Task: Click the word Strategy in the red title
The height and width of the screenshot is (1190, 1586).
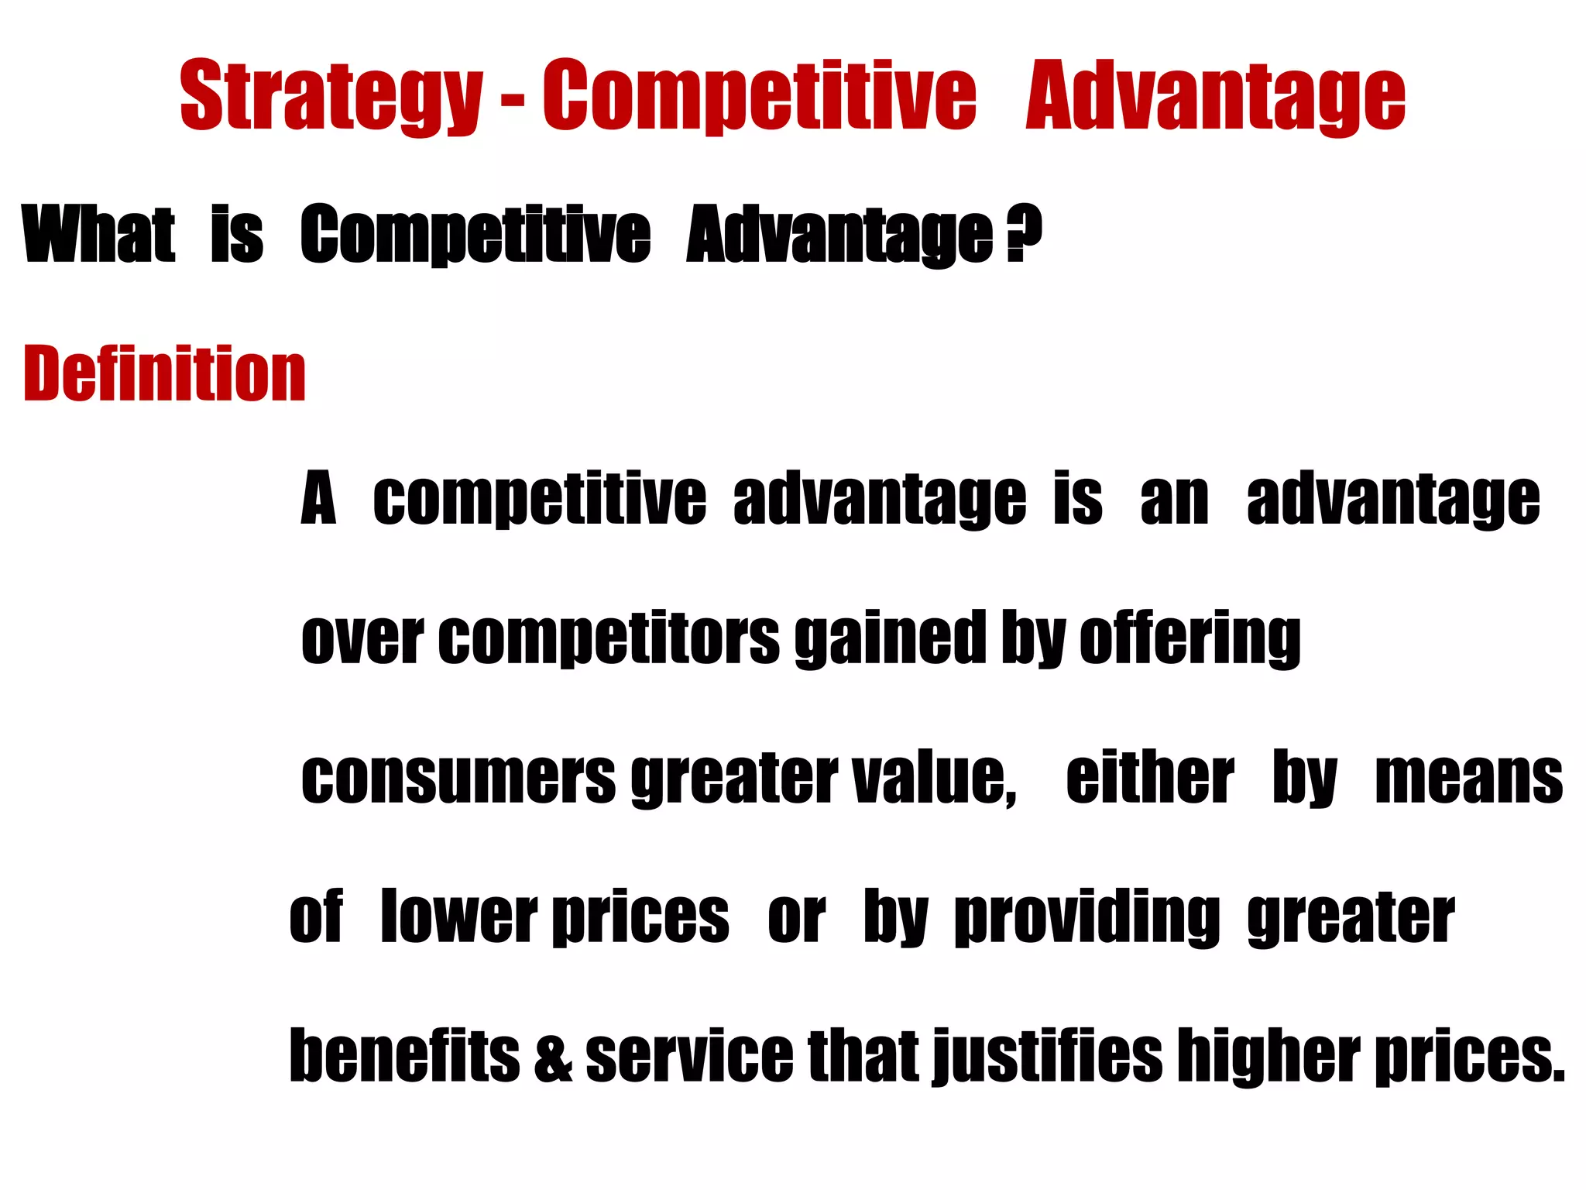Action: pos(331,97)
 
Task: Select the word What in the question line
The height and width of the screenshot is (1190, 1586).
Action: pos(99,234)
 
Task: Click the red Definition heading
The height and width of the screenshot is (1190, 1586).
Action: pos(165,373)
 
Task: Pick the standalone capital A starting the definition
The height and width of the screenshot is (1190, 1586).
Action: pos(318,500)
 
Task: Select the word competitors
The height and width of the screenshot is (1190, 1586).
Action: pos(609,639)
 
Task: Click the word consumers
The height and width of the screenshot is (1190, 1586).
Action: pos(458,779)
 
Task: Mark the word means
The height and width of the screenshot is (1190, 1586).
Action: pos(1468,779)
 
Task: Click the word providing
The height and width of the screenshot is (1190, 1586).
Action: pos(1087,918)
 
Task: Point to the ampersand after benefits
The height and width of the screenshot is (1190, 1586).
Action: pos(553,1058)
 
